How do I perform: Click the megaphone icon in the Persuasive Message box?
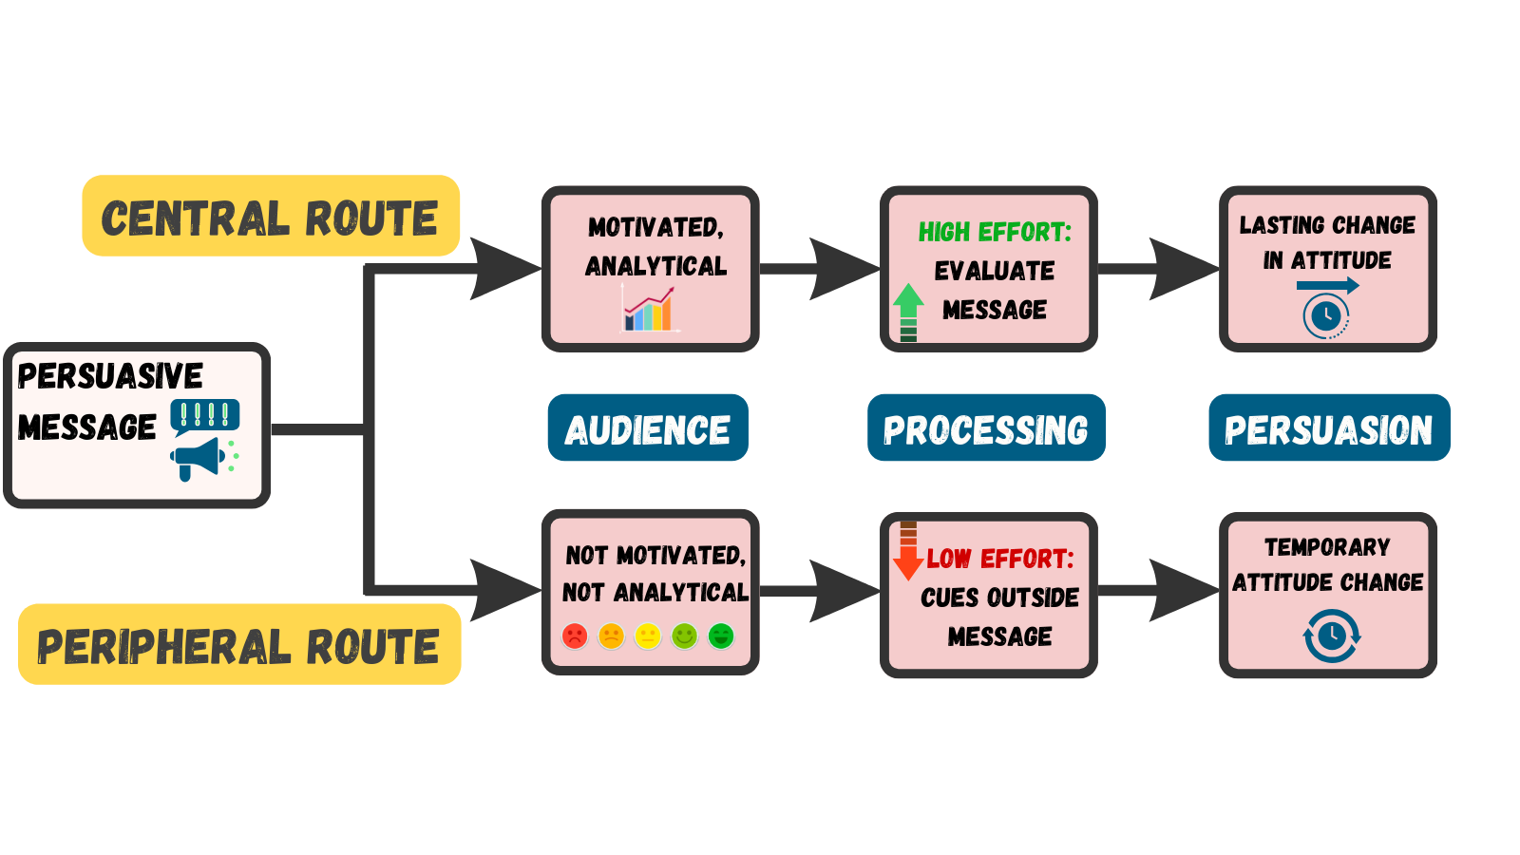click(198, 458)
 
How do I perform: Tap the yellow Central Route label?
click(271, 217)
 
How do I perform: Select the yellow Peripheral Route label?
click(239, 645)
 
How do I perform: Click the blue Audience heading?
click(648, 428)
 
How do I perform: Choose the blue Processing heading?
click(986, 428)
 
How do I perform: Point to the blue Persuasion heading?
click(1328, 428)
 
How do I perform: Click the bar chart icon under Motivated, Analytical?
click(649, 310)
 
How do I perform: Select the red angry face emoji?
click(575, 636)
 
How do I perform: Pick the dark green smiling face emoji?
click(721, 636)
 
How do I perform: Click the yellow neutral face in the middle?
click(648, 636)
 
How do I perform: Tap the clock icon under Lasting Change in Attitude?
click(1326, 315)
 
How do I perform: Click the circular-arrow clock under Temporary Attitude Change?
click(1331, 636)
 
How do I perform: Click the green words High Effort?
click(994, 232)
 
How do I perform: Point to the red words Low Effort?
click(999, 559)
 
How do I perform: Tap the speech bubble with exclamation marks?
click(204, 415)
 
